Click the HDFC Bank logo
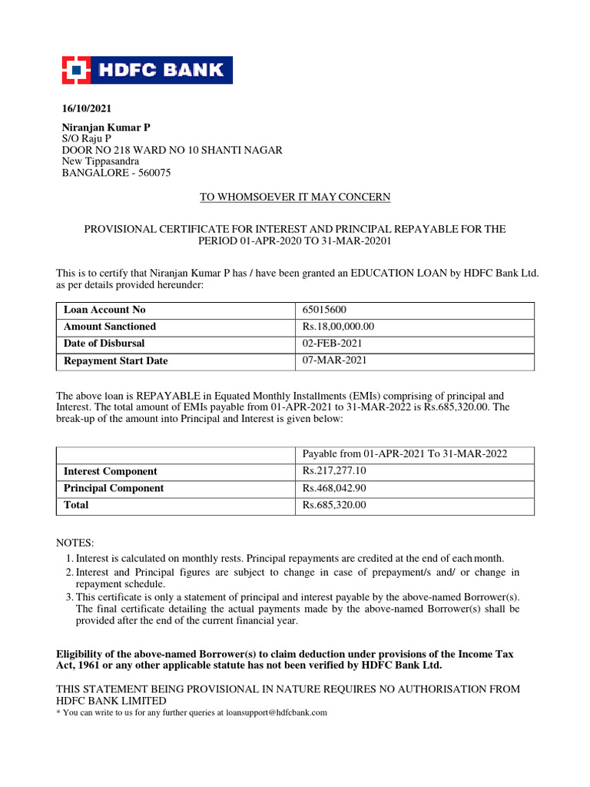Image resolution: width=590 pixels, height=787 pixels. pyautogui.click(x=147, y=70)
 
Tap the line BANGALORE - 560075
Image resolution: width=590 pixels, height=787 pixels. pyautogui.click(x=116, y=173)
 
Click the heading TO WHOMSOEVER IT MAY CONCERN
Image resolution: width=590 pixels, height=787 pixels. pyautogui.click(x=295, y=198)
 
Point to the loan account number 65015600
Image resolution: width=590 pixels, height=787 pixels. pyautogui.click(x=324, y=310)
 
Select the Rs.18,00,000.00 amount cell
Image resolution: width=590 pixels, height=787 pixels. pyautogui.click(x=339, y=327)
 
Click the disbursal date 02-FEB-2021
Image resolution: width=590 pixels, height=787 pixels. pyautogui.click(x=333, y=344)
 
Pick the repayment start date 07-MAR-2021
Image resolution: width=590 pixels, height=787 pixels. pyautogui.click(x=333, y=360)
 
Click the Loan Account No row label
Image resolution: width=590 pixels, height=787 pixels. pyautogui.click(x=104, y=310)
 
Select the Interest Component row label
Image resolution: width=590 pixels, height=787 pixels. pyautogui.click(x=110, y=471)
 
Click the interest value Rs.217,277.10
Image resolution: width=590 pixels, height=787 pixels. pyautogui.click(x=334, y=471)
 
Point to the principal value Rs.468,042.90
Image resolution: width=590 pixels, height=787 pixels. pyautogui.click(x=334, y=488)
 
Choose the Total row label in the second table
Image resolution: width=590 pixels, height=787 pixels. pyautogui.click(x=76, y=505)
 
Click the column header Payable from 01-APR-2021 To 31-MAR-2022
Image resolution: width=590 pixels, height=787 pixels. pyautogui.click(x=405, y=454)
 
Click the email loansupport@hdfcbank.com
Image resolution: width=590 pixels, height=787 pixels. pyautogui.click(x=275, y=712)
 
